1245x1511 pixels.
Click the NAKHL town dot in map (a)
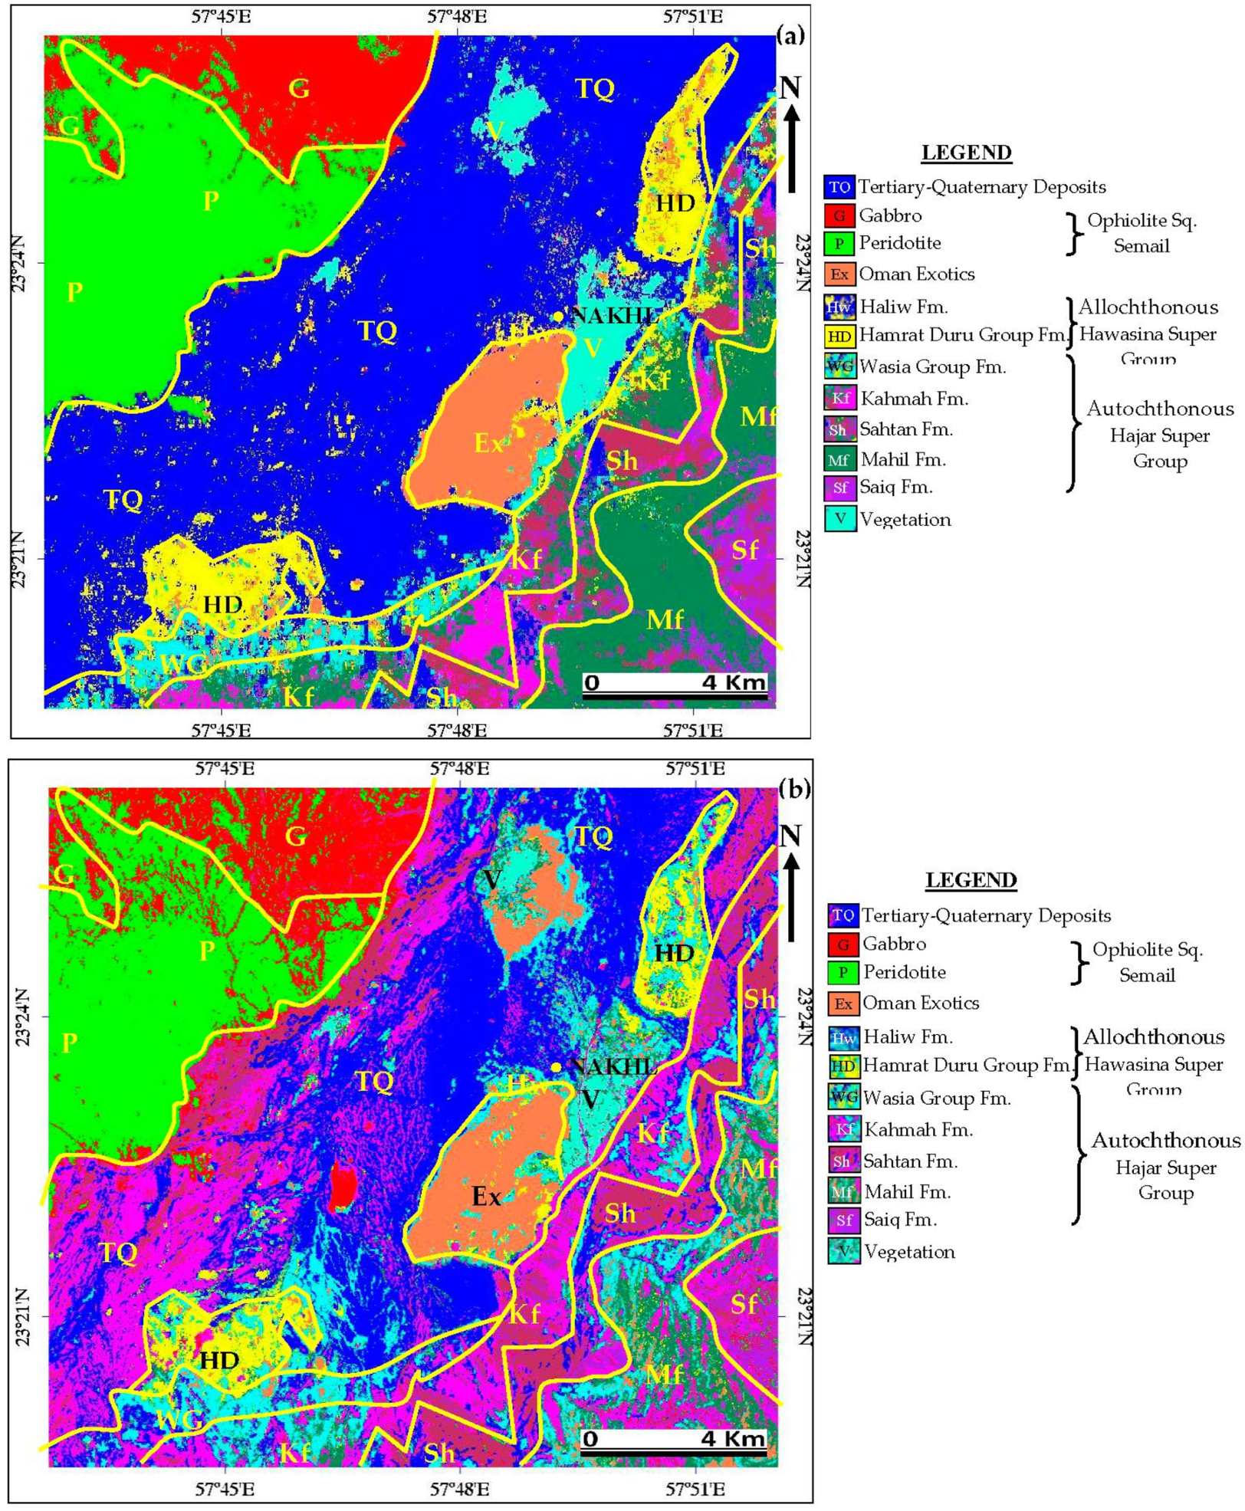559,317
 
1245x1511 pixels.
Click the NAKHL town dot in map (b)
556,1067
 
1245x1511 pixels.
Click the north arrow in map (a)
792,138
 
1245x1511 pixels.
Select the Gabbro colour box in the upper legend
839,215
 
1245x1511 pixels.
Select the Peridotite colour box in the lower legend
843,973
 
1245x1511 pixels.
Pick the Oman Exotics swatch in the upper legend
839,274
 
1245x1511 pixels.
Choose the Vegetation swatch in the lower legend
843,1252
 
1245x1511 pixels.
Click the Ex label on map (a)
488,442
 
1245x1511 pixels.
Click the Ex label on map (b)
486,1197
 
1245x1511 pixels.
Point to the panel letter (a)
790,34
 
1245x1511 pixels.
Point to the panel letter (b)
793,788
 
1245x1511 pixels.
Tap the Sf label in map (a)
744,550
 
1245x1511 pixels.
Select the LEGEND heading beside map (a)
966,153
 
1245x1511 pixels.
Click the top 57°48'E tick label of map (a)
457,17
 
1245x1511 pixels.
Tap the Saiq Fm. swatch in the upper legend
839,488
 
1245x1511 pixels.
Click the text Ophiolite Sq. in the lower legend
1147,950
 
